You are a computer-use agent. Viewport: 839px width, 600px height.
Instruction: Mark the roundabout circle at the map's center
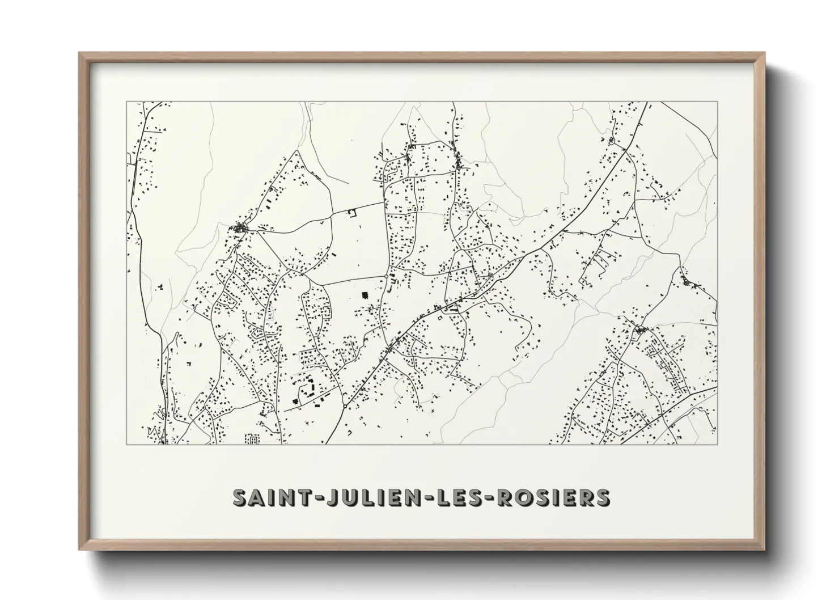386,276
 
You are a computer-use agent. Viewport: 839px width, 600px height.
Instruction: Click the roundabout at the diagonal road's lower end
345,406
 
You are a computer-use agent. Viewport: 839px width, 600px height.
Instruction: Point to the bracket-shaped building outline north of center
351,213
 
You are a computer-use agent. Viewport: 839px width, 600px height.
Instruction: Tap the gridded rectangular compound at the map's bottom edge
251,439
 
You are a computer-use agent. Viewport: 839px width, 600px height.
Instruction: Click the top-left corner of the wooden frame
79,53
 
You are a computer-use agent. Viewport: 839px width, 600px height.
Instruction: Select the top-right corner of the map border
718,102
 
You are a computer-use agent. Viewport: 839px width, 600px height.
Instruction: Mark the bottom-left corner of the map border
126,445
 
